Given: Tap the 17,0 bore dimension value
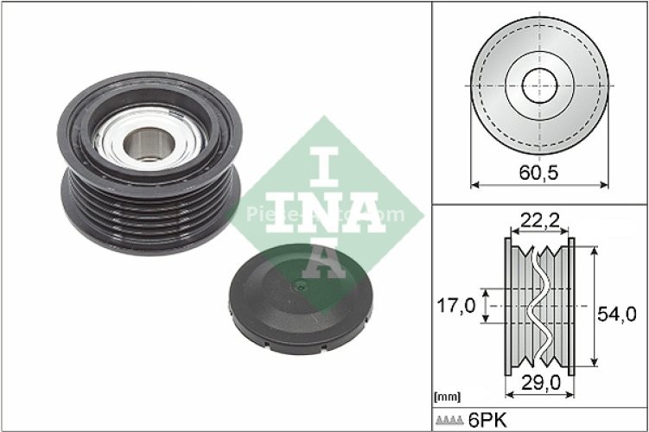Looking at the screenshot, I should [455, 306].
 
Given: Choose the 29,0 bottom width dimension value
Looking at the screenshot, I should [539, 381].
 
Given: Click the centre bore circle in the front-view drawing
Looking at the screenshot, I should [539, 85].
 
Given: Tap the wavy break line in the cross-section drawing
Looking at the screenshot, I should [538, 307].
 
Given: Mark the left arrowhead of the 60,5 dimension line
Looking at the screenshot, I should [474, 183].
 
